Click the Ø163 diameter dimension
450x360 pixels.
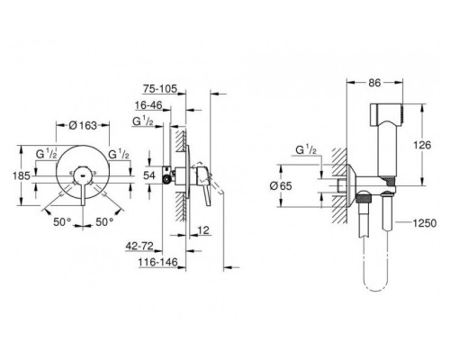pyautogui.click(x=83, y=125)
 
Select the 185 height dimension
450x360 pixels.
pyautogui.click(x=22, y=175)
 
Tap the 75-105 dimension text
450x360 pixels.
pyautogui.click(x=160, y=89)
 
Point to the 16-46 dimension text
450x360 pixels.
pyautogui.click(x=148, y=105)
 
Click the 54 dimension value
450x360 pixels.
pyautogui.click(x=149, y=175)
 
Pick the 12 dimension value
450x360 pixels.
pyautogui.click(x=203, y=230)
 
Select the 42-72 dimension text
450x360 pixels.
pyautogui.click(x=139, y=247)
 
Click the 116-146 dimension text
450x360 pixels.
pyautogui.click(x=157, y=262)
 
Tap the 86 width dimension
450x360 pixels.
pyautogui.click(x=374, y=83)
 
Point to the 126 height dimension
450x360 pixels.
pyautogui.click(x=422, y=145)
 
